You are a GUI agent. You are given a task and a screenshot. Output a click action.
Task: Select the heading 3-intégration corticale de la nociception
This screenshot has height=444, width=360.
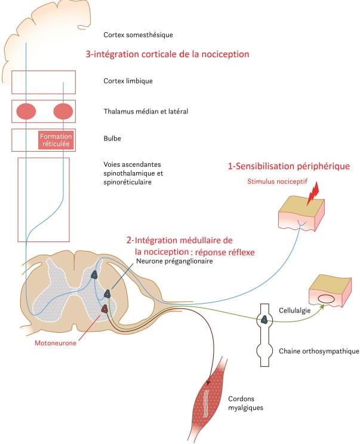point(167,54)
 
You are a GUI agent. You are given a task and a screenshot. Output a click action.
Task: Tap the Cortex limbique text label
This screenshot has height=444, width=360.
point(128,81)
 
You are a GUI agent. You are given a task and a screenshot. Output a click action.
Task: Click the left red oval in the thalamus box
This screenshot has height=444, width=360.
point(26,111)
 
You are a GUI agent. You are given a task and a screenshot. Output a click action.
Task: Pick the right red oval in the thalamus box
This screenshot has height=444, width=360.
point(63,111)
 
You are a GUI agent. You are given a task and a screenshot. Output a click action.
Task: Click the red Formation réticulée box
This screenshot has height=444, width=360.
point(56,140)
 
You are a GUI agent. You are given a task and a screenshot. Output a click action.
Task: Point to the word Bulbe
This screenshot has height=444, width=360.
point(113,139)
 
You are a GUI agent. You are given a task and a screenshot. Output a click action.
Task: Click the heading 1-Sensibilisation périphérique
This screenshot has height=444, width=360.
point(289,166)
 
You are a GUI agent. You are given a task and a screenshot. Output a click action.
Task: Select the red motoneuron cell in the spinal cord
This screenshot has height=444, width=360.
point(104,308)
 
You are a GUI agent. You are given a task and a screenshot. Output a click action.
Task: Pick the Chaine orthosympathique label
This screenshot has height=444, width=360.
point(319,351)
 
